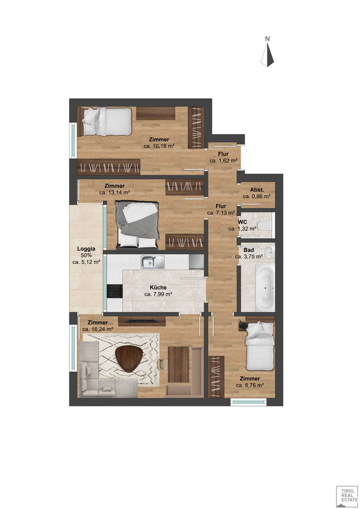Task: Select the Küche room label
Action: (158, 287)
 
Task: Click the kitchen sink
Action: (152, 261)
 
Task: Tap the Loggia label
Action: (86, 248)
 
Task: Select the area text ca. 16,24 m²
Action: (98, 329)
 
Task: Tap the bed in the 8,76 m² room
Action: (259, 345)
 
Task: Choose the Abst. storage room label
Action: (257, 189)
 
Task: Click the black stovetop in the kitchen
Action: (114, 290)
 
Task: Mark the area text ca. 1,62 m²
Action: (223, 161)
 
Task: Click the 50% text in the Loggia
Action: (86, 255)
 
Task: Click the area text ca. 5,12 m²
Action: (86, 262)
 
